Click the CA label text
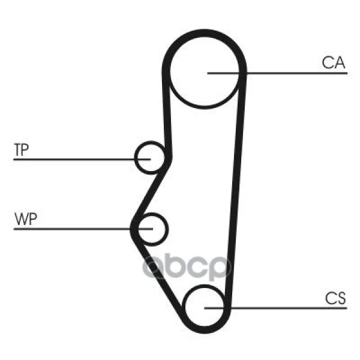click(334, 62)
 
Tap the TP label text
click(22, 149)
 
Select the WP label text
click(25, 219)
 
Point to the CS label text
click(335, 298)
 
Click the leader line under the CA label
click(277, 73)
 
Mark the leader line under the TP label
click(82, 159)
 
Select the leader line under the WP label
click(83, 229)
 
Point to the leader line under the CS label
click(275, 308)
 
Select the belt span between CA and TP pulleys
click(167, 115)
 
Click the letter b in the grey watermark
click(176, 265)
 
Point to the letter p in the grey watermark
click(219, 269)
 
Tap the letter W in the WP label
click(22, 219)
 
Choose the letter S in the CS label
click(340, 298)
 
